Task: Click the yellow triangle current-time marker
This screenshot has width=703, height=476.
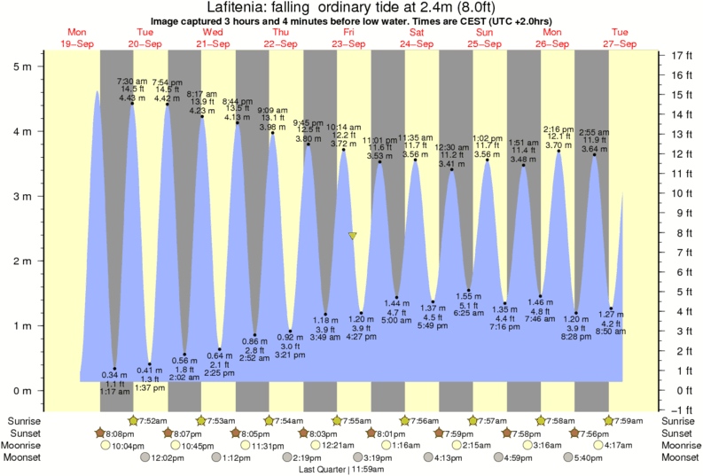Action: click(353, 236)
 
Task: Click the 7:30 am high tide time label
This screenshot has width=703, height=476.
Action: click(132, 81)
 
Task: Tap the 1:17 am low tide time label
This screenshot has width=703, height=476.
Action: click(115, 391)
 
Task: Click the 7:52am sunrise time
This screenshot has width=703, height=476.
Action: click(150, 420)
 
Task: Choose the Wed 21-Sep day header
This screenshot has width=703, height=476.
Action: click(213, 37)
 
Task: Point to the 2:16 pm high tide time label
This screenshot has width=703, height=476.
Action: click(558, 128)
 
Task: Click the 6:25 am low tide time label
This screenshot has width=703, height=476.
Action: click(469, 313)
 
